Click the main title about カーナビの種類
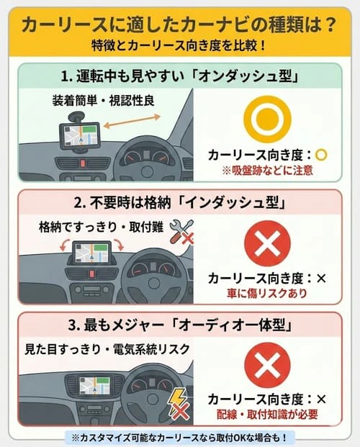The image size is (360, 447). [x=179, y=24]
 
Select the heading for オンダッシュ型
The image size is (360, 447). [x=179, y=76]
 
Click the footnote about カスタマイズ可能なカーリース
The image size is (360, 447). [x=180, y=437]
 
